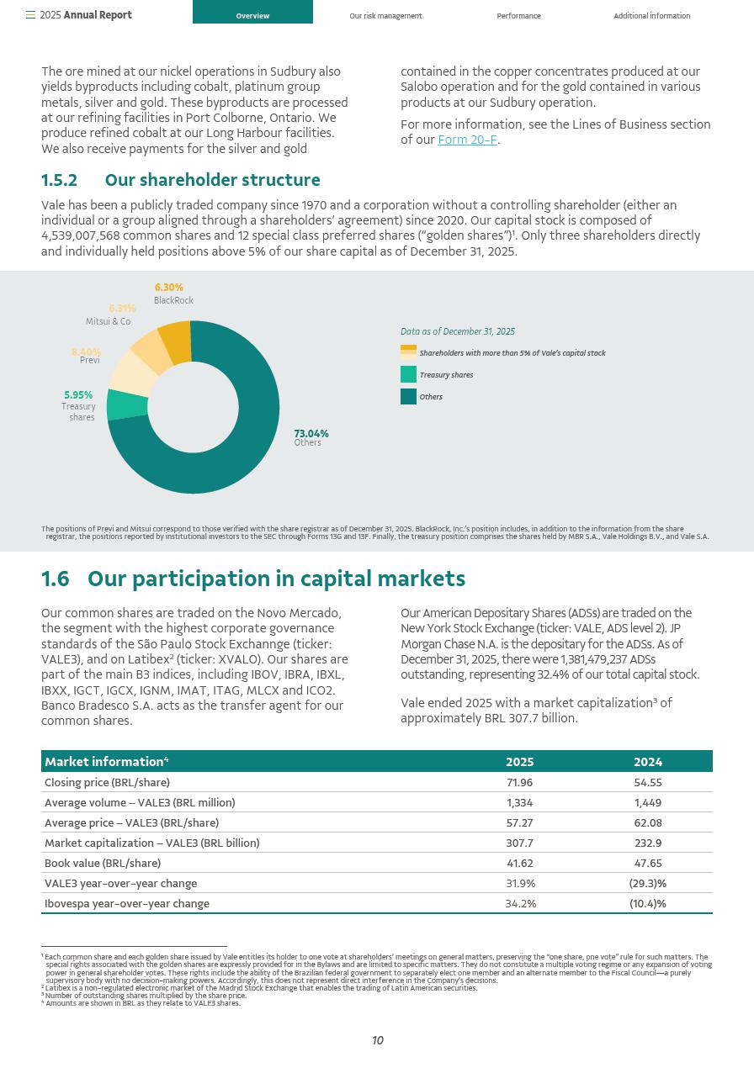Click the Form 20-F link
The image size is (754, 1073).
(467, 140)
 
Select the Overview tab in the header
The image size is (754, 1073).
(252, 16)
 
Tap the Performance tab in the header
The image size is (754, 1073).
(518, 16)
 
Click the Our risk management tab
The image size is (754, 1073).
(385, 16)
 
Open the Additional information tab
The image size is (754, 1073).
(651, 16)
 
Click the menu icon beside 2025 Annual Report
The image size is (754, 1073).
(30, 15)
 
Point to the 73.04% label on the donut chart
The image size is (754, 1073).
(311, 434)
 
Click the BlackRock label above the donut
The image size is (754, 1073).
(173, 300)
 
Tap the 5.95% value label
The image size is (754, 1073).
(78, 395)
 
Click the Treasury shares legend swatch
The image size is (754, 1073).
(408, 375)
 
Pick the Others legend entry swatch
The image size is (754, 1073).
(408, 397)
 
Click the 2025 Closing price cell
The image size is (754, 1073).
(519, 783)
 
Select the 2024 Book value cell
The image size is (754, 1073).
(647, 864)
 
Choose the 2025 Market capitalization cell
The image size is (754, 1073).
(519, 843)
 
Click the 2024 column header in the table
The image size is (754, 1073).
(647, 762)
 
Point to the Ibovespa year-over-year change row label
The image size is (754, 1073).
(127, 904)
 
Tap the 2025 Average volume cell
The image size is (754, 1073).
(519, 803)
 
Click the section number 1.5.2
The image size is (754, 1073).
(59, 181)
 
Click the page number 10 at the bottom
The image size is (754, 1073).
(378, 1041)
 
